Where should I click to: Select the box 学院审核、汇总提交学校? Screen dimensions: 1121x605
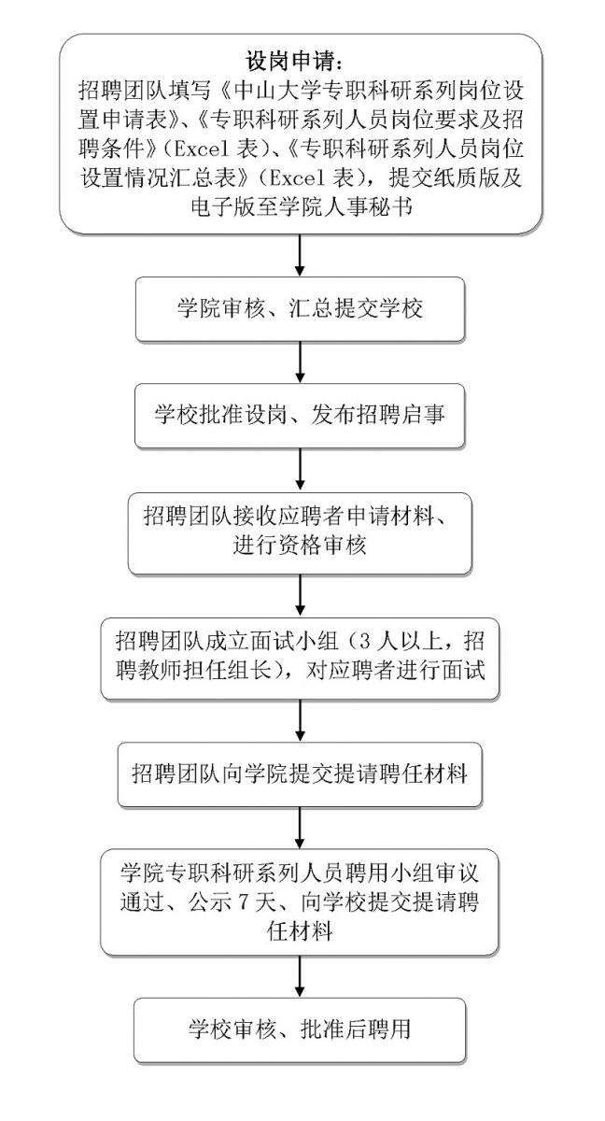tap(300, 309)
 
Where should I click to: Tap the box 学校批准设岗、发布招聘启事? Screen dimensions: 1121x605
tap(300, 414)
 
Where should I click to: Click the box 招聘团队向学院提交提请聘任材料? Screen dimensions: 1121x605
tap(300, 773)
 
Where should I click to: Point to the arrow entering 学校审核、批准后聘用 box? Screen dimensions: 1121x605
tap(300, 976)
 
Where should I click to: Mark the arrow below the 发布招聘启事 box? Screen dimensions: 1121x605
tap(300, 467)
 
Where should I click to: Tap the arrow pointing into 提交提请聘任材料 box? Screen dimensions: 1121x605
tap(300, 720)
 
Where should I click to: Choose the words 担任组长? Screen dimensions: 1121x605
tap(244, 672)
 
